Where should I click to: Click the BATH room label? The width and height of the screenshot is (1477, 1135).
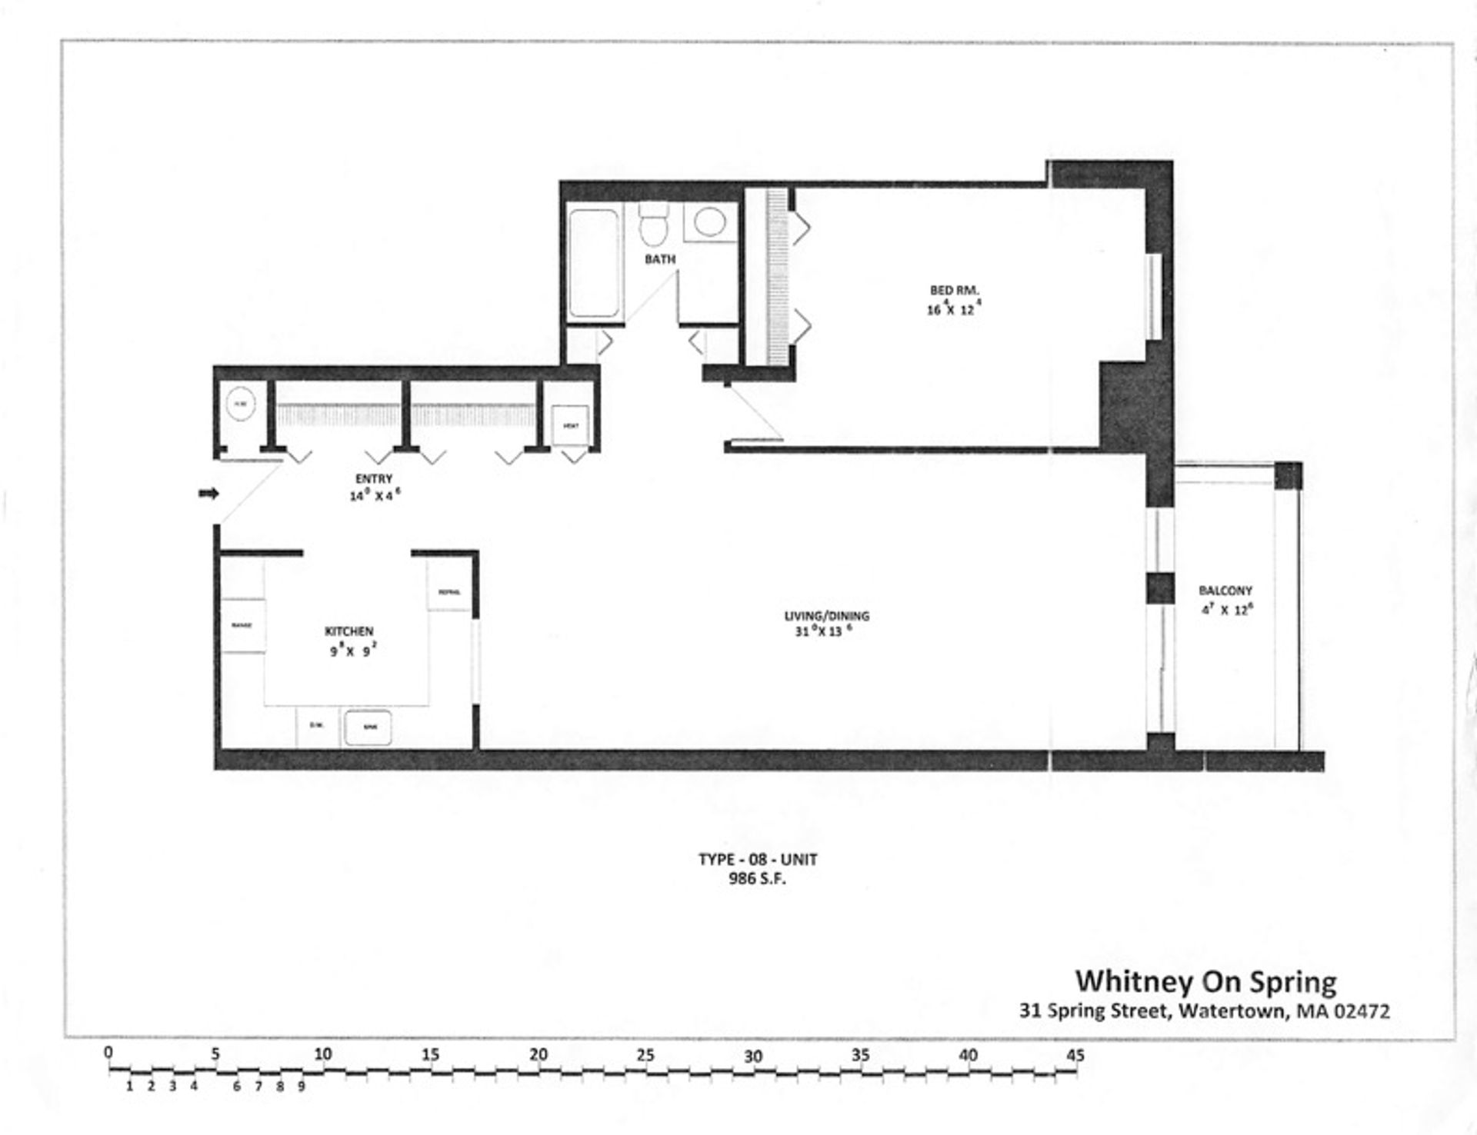click(660, 259)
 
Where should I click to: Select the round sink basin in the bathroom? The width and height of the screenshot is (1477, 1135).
click(709, 222)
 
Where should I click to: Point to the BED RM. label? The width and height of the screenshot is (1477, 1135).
click(954, 290)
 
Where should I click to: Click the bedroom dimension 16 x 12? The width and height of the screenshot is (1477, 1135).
click(954, 309)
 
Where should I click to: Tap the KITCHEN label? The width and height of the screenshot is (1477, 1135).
click(349, 631)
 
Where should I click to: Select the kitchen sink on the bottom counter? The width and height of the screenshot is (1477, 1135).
click(367, 727)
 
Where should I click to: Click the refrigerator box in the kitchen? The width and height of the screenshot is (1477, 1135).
click(449, 591)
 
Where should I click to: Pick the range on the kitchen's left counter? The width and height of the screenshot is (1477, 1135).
click(242, 625)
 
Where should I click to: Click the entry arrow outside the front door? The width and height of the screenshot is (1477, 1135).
click(208, 493)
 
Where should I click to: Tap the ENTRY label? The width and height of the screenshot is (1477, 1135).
click(374, 479)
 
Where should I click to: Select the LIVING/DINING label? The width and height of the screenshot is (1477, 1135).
click(826, 616)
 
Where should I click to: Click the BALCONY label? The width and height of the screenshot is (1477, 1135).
click(1225, 591)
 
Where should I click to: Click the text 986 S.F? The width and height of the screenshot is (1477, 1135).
click(757, 879)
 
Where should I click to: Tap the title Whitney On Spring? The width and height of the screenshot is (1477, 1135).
click(1205, 981)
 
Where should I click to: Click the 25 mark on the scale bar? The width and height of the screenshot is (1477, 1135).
click(645, 1055)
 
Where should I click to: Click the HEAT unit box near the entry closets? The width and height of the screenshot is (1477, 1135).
click(571, 424)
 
